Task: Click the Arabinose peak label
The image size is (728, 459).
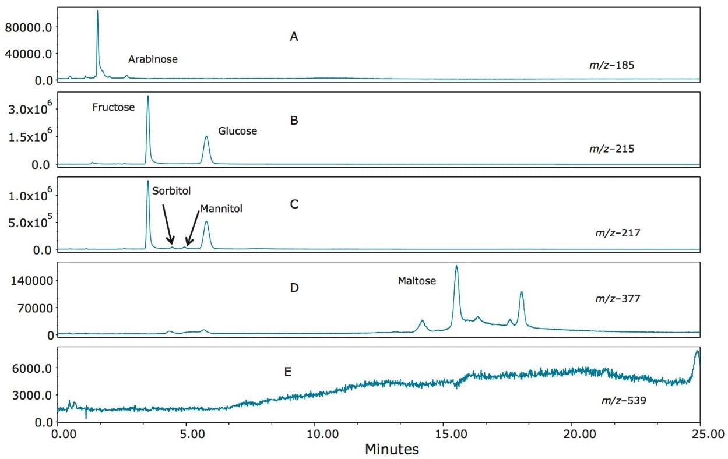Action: pos(153,59)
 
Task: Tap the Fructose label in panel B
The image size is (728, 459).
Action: pos(113,107)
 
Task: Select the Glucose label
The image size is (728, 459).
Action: pos(237,131)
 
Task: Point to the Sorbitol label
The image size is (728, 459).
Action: pos(171,190)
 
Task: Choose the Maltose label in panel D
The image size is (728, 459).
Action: pos(417,281)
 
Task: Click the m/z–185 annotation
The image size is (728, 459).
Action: pos(611,65)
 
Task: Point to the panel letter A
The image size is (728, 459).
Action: pos(294,37)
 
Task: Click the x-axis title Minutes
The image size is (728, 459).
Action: pos(392,450)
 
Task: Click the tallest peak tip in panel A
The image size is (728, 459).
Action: pos(97,11)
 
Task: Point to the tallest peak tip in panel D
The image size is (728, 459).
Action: pos(456,266)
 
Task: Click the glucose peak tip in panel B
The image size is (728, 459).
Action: pos(206,137)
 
